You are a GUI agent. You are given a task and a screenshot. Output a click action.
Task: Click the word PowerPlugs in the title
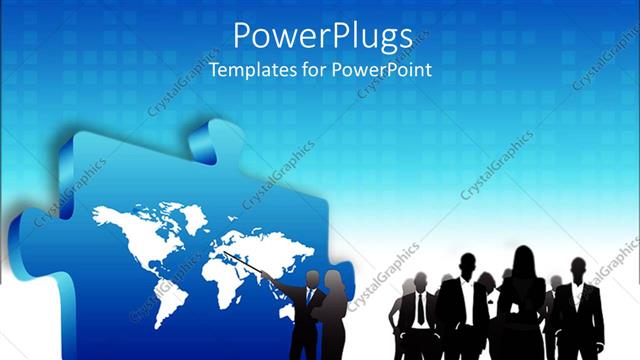(323, 37)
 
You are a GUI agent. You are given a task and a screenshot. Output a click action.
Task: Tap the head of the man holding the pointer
(311, 278)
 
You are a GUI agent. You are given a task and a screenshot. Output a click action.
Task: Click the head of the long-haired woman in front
(523, 262)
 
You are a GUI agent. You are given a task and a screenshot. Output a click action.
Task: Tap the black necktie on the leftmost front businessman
(421, 310)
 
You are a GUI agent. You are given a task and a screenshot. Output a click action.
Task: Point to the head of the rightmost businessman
(578, 269)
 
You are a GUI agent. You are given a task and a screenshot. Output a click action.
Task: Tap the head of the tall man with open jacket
(467, 265)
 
